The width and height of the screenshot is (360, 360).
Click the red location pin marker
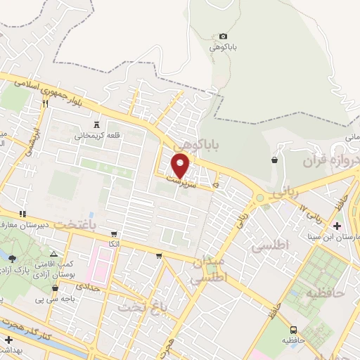[x=181, y=165]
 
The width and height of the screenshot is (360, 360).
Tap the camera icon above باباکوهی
[x=224, y=36]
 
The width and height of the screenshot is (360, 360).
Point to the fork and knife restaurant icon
[x=45, y=103]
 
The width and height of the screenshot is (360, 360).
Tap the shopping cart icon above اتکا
[x=114, y=233]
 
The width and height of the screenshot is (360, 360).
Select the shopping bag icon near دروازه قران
[x=274, y=160]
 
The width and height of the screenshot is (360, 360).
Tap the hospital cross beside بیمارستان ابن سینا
[x=337, y=226]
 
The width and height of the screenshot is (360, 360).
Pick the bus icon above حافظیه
[x=293, y=329]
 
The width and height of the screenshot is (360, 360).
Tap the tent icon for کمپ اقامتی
[x=54, y=253]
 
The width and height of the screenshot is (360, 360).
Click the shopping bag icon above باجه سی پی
[x=55, y=287]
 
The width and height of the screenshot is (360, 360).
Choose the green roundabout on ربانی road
[x=260, y=198]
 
